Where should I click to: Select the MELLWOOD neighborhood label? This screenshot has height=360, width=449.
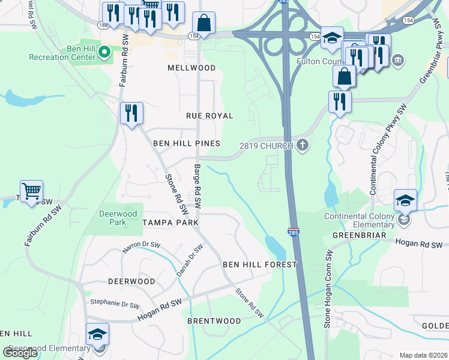[x=191, y=68]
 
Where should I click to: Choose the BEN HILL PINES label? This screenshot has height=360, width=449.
[x=186, y=143]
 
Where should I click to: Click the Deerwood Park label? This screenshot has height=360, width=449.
[x=118, y=218]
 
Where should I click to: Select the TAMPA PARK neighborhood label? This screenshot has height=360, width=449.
[x=170, y=222]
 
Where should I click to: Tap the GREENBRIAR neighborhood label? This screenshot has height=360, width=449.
[x=358, y=235]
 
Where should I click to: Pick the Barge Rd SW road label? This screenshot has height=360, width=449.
[x=197, y=187]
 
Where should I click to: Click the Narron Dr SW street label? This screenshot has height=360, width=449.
[x=142, y=247]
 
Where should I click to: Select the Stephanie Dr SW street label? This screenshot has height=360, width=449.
[x=113, y=303]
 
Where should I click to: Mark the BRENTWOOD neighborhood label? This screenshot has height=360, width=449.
[x=214, y=321]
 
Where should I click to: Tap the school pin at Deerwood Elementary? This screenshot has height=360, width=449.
[x=97, y=335]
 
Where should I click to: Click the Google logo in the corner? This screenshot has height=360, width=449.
[x=20, y=352]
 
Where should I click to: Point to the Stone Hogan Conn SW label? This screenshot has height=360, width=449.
[x=328, y=298]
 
